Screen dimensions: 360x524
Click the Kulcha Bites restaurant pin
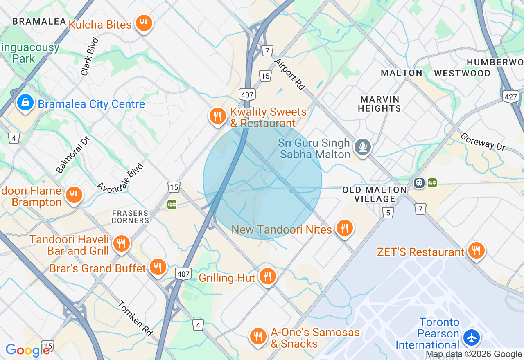point(143,23)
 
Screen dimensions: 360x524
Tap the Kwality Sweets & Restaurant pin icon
point(218,117)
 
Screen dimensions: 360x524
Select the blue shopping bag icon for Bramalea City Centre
point(25,103)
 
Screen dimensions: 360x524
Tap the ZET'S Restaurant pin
point(476,251)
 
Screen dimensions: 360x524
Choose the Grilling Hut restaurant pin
point(267,277)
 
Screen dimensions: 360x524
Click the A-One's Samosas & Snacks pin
point(258,337)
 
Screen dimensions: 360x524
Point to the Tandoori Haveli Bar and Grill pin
point(121,244)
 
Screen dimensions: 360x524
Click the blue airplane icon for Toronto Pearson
point(472,338)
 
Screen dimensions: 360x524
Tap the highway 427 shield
point(511,97)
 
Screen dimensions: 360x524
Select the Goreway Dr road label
point(483,142)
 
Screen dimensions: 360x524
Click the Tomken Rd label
point(135,318)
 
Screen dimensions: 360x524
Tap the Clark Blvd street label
point(90,56)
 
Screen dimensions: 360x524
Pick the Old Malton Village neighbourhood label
point(375,194)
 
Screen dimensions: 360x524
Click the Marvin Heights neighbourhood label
point(379,104)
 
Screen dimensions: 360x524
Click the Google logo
point(27,350)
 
